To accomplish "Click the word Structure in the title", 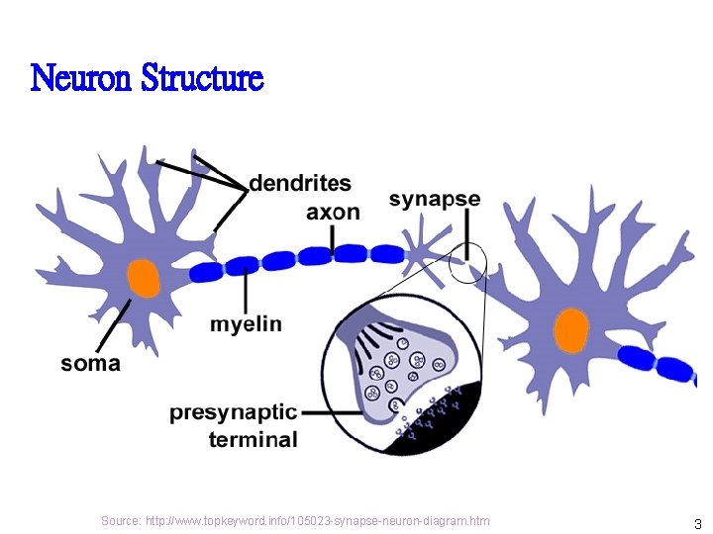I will [x=202, y=77].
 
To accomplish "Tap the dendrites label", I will [x=299, y=183].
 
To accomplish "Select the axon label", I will [x=333, y=212].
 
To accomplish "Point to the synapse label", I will [x=435, y=199].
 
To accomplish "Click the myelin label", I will [x=246, y=324].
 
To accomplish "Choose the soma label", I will [x=91, y=363].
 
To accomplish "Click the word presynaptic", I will [x=233, y=411].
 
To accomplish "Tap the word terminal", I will [x=253, y=439].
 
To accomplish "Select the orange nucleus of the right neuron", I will [x=571, y=330].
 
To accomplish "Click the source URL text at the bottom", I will [x=295, y=521].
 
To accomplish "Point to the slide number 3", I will [x=697, y=524].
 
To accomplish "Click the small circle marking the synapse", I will [x=467, y=263].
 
